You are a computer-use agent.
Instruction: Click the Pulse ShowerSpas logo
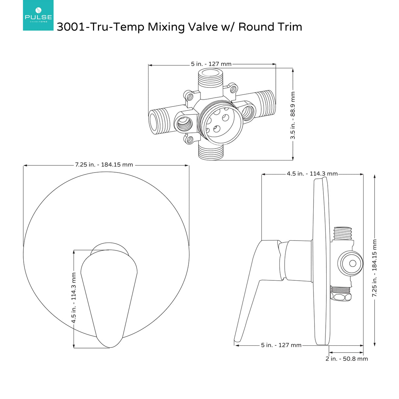[x=38, y=15]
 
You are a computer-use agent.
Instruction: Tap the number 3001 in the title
[x=71, y=27]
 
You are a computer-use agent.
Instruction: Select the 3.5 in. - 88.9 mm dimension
[x=293, y=115]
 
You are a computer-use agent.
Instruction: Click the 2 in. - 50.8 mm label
[x=346, y=359]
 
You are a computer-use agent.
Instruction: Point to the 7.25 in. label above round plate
[x=104, y=165]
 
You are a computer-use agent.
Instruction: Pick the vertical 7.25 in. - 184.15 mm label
[x=375, y=268]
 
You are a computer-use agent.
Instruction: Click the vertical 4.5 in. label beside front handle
[x=74, y=297]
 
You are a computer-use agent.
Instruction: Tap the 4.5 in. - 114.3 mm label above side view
[x=312, y=174]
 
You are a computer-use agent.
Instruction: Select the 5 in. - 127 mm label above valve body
[x=211, y=64]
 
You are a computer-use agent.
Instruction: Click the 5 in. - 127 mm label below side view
[x=281, y=345]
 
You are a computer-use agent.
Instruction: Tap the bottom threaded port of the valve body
[x=211, y=152]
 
